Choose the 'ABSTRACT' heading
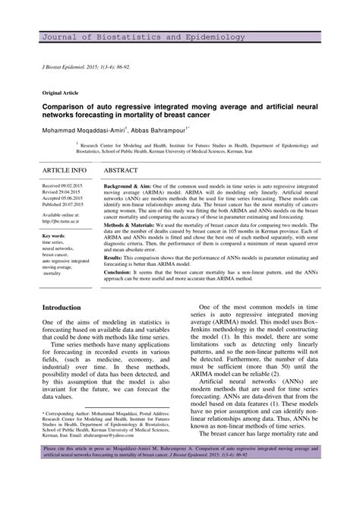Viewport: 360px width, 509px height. (x=125, y=170)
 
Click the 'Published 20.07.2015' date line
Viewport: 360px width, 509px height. (x=62, y=204)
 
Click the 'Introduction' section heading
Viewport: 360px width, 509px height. (x=62, y=308)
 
